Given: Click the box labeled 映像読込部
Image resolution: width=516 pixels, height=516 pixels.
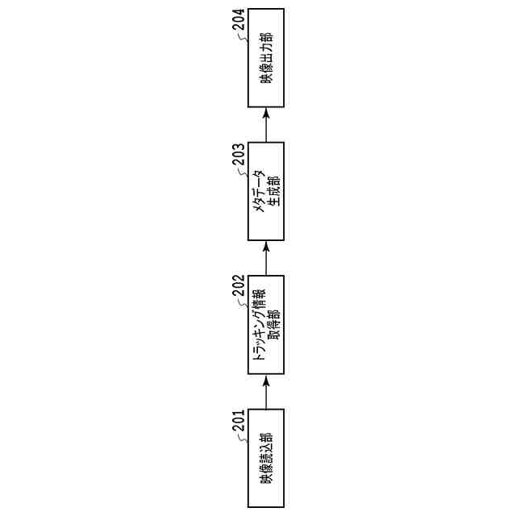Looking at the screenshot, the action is (x=266, y=458).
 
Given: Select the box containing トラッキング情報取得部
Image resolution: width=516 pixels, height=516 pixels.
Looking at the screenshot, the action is (x=266, y=325).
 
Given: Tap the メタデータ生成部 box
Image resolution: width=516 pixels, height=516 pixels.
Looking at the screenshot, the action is (x=266, y=191).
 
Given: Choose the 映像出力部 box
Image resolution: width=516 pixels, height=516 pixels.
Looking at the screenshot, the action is (x=266, y=58).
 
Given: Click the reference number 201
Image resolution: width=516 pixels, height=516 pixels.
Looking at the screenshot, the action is (x=239, y=422).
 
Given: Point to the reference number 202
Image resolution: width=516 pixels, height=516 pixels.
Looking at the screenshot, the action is (x=239, y=288).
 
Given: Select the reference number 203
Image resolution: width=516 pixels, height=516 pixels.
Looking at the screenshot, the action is (x=239, y=154).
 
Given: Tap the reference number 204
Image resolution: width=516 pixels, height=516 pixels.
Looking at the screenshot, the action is (x=239, y=21).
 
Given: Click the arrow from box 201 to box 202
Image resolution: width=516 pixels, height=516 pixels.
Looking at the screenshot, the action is (x=266, y=392).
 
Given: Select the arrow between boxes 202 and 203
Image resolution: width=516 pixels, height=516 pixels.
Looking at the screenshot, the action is (x=266, y=258).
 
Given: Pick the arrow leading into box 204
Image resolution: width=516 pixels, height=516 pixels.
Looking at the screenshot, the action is (x=266, y=125).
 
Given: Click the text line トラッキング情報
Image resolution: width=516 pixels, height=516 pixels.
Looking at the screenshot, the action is (x=260, y=325).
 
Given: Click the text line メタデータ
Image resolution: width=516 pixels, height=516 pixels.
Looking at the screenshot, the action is (x=260, y=191).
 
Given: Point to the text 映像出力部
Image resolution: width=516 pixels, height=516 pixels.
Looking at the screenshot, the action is (x=266, y=58).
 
